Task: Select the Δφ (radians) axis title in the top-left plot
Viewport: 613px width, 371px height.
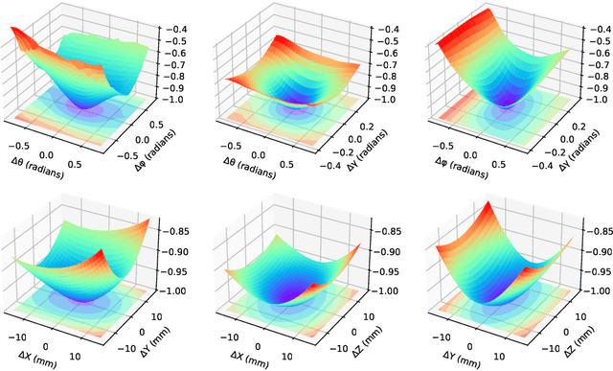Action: pyautogui.click(x=170, y=150)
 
